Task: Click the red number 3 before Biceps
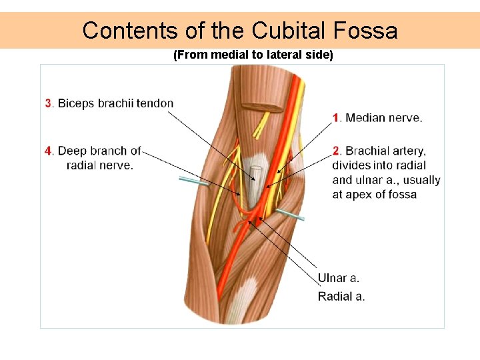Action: pyautogui.click(x=48, y=103)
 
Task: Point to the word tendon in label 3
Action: pyautogui.click(x=155, y=103)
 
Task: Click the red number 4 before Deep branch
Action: pyautogui.click(x=48, y=151)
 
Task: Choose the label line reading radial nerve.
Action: pyautogui.click(x=100, y=165)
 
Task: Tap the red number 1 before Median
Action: pyautogui.click(x=337, y=118)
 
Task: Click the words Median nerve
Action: pyautogui.click(x=383, y=118)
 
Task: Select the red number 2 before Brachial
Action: pyautogui.click(x=337, y=151)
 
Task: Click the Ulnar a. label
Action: pyautogui.click(x=338, y=278)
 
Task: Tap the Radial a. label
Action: pyautogui.click(x=341, y=296)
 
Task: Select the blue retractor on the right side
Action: pyautogui.click(x=291, y=214)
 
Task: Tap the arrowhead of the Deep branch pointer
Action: pyautogui.click(x=240, y=195)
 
